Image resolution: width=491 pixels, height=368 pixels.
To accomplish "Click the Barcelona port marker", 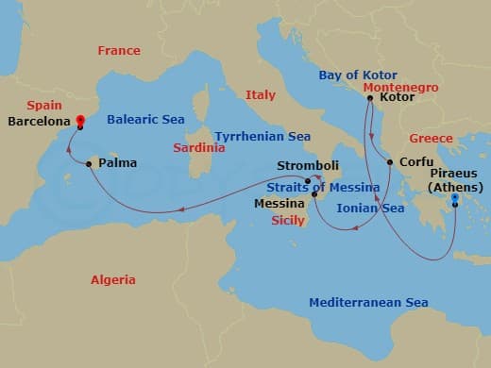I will (80, 120).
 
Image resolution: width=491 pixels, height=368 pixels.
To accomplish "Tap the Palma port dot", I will (89, 164).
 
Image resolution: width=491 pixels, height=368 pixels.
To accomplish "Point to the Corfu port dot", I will (390, 162).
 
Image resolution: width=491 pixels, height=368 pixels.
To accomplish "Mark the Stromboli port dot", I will (309, 180).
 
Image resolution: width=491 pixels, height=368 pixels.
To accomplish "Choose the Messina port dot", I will (314, 194).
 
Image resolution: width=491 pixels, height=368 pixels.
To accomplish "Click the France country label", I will (119, 51).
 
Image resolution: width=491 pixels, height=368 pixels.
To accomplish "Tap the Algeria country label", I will (112, 280).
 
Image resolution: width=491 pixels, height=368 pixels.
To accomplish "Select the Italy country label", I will (260, 95).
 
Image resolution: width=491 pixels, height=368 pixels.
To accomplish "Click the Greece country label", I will (431, 139).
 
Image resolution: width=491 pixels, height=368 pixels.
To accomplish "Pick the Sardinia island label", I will (199, 148).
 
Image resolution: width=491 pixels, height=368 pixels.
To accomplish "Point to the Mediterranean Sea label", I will (369, 303).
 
